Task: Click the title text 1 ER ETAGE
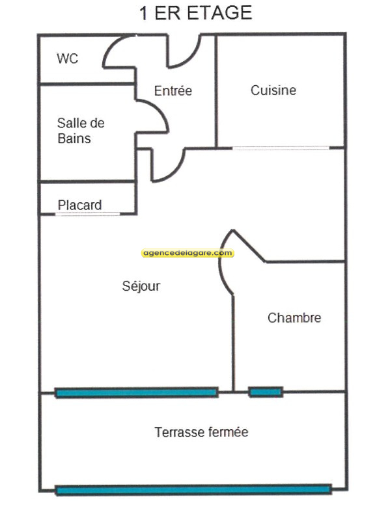pos(195,13)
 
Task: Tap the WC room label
pos(68,59)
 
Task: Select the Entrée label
pos(173,90)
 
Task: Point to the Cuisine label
pos(273,90)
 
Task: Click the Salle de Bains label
pos(81,131)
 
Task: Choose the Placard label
pos(79,205)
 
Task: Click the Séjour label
pos(141,286)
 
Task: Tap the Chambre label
pos(294,318)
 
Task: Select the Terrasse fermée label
pos(201,432)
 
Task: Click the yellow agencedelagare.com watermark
pos(187,253)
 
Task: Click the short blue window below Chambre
pos(266,392)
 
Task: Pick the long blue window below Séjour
pos(136,393)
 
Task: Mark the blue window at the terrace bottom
pos(193,490)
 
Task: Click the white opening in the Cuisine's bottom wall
pos(281,148)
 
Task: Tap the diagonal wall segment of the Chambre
pos(249,246)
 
